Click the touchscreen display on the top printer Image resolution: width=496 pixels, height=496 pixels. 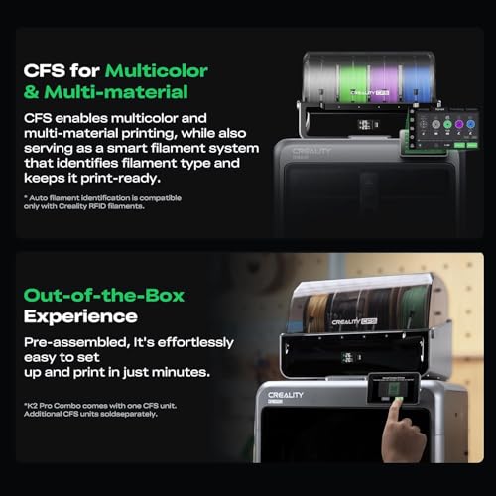coord(429,129)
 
